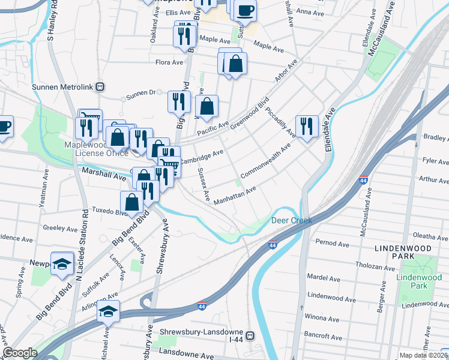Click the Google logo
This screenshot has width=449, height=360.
pyautogui.click(x=20, y=353)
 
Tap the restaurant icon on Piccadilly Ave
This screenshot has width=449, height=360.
pyautogui.click(x=307, y=126)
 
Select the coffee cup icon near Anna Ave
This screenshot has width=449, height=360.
pyautogui.click(x=244, y=10)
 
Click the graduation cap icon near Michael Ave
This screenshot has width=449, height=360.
pyautogui.click(x=108, y=311)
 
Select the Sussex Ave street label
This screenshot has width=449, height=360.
pyautogui.click(x=204, y=184)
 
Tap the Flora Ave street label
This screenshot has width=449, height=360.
pyautogui.click(x=169, y=62)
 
